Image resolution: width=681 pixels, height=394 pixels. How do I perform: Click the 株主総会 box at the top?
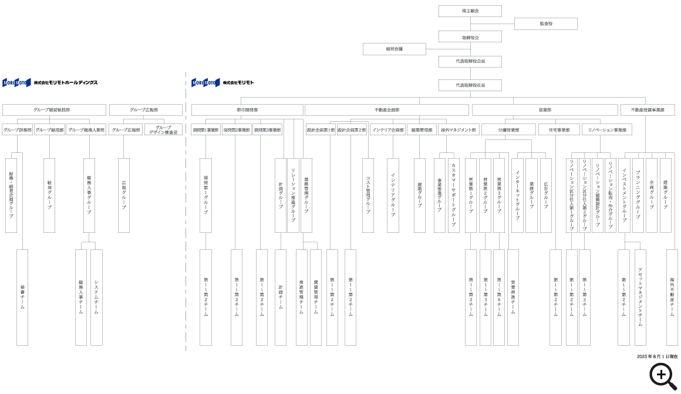(x=470, y=11)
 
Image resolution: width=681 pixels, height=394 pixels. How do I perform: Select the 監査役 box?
(x=545, y=24)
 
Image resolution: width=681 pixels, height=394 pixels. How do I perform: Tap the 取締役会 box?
(x=470, y=37)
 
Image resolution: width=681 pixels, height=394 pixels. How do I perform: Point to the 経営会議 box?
(x=394, y=49)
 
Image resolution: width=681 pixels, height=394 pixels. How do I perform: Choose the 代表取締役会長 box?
(x=470, y=62)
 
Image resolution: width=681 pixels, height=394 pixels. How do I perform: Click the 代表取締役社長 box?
(x=470, y=85)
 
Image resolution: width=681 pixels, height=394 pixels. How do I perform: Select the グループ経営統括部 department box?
(x=54, y=110)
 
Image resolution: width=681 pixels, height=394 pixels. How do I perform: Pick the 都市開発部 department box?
(x=247, y=110)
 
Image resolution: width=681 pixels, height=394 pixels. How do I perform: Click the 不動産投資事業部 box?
(x=648, y=110)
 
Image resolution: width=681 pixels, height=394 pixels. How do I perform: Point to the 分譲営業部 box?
(x=508, y=129)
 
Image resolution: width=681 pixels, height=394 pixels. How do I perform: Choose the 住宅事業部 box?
(x=559, y=129)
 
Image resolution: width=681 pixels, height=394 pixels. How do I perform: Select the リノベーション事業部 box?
(x=607, y=129)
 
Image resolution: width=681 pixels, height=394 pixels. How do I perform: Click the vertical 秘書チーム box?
(x=22, y=297)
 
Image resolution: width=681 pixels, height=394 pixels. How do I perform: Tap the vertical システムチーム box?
(x=96, y=297)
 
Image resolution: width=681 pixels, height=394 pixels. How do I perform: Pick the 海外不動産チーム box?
(x=672, y=297)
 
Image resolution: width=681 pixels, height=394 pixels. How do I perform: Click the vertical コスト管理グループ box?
(x=368, y=195)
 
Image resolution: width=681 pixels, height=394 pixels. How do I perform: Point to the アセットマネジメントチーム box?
(x=640, y=297)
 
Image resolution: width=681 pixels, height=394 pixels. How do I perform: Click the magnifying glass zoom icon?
(x=663, y=376)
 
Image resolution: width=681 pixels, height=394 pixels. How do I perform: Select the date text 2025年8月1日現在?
(x=657, y=356)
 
